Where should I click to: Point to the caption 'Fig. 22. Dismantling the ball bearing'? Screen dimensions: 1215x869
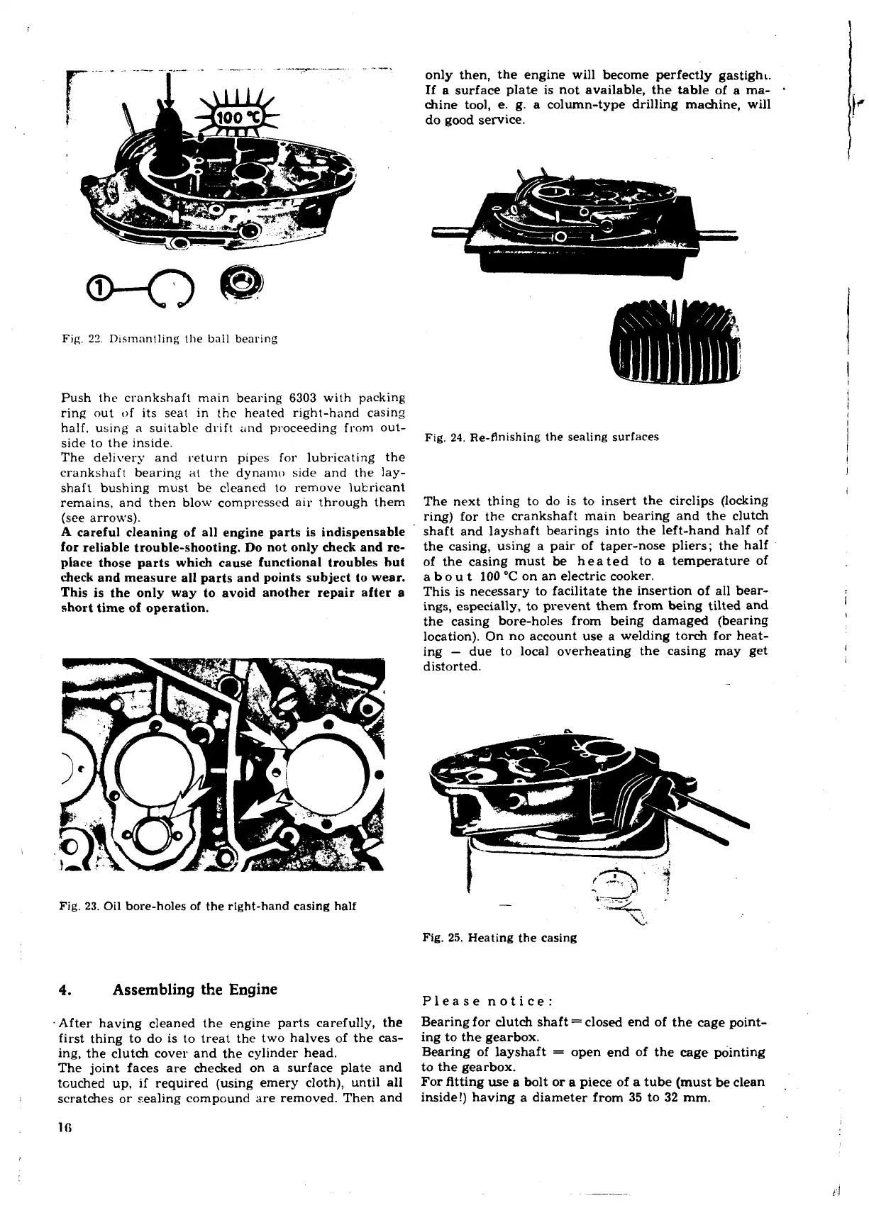(169, 338)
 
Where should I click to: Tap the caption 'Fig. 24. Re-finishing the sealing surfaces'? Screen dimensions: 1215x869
(541, 437)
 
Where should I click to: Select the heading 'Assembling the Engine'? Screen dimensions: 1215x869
(195, 989)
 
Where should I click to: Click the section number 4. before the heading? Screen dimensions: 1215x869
(67, 990)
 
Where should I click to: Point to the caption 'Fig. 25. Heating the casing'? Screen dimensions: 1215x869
(499, 937)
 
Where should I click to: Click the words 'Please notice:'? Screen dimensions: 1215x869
(487, 1002)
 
